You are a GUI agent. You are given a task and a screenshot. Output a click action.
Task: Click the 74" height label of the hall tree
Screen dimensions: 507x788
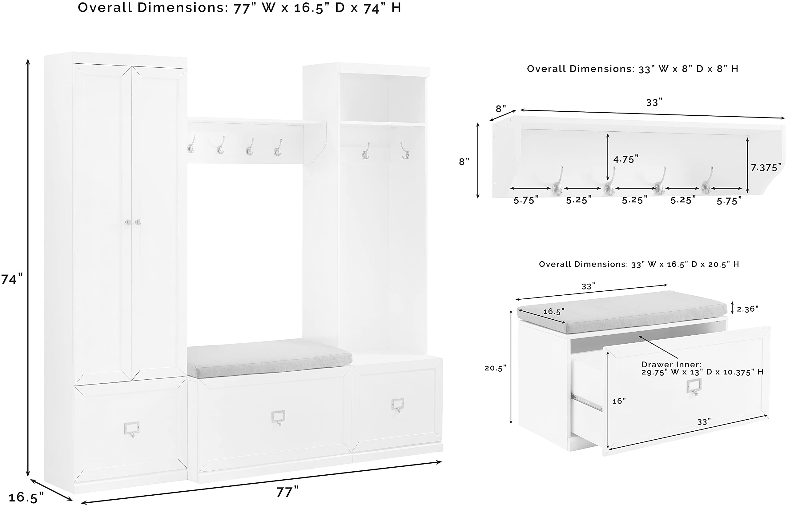pos(12,279)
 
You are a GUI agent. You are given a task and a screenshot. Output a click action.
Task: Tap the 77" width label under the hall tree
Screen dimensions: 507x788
pos(287,492)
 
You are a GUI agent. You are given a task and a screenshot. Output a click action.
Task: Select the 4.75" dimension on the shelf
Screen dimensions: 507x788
pos(626,159)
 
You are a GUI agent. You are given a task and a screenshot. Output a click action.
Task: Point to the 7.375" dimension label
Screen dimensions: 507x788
pos(766,168)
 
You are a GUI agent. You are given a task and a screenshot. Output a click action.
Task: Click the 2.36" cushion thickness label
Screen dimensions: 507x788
pos(747,309)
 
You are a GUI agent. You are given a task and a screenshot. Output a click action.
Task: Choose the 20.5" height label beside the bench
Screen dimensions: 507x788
pos(495,368)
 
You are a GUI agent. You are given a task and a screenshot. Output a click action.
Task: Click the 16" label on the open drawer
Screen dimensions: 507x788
pos(619,401)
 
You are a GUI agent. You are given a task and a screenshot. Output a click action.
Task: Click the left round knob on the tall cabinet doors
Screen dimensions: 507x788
pos(128,222)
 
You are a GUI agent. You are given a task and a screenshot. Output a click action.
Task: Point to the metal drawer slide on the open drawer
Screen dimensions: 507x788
pos(586,402)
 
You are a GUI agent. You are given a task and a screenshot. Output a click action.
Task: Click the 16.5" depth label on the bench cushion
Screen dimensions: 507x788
pos(553,311)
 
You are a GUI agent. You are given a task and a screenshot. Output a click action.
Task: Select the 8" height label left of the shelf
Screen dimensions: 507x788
pos(464,162)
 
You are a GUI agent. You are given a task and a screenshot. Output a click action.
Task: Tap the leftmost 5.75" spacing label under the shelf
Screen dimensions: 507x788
pos(526,201)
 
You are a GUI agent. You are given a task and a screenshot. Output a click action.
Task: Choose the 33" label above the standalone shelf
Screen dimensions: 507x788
pos(654,103)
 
